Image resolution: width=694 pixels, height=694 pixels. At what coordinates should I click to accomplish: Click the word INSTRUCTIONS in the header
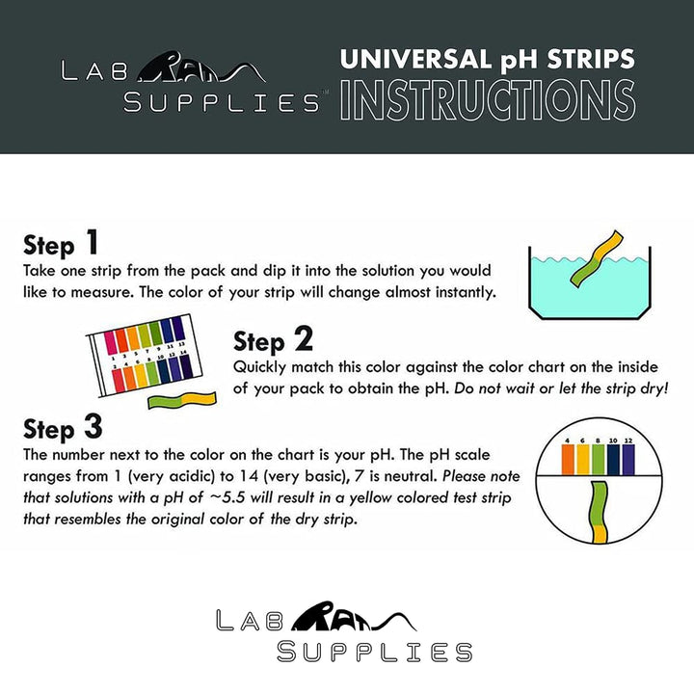point(488,99)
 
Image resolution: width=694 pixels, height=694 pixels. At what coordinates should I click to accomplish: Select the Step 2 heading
point(274,340)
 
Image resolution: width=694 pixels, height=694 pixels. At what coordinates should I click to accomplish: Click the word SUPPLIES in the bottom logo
point(374,652)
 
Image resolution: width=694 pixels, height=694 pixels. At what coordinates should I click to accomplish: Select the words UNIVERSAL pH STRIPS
point(488,59)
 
